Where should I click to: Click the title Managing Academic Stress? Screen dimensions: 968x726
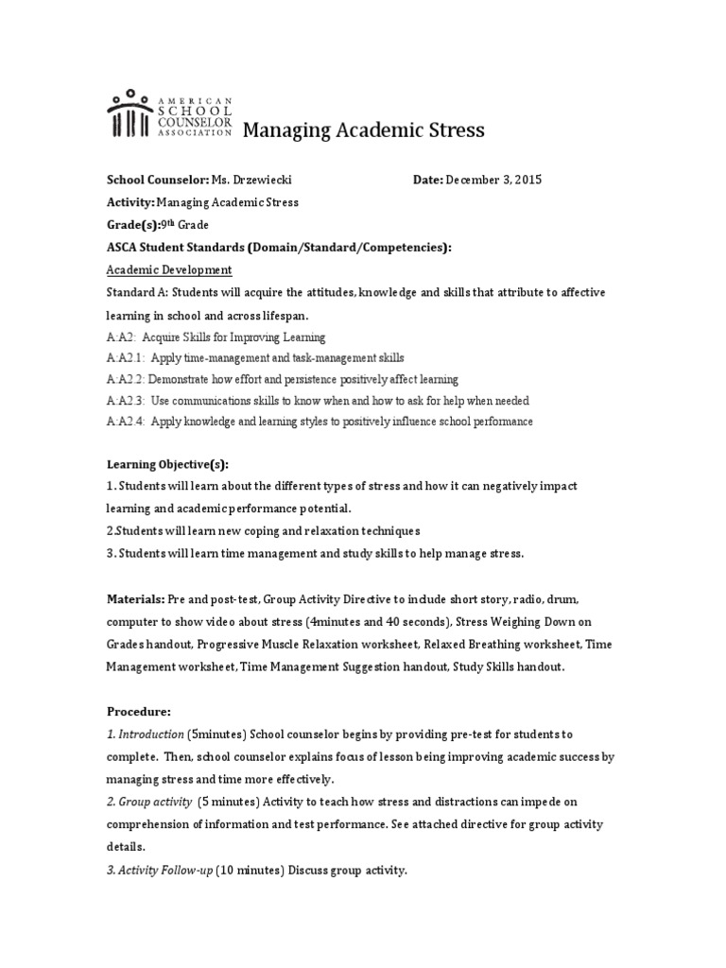click(x=364, y=130)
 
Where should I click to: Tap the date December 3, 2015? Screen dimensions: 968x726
click(x=494, y=180)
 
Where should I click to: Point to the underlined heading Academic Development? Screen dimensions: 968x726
click(x=168, y=269)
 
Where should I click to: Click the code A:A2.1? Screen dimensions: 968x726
click(x=126, y=358)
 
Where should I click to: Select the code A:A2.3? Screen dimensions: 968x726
click(x=126, y=400)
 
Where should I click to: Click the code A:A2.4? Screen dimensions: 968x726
click(x=126, y=421)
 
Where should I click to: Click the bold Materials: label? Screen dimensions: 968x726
click(x=135, y=599)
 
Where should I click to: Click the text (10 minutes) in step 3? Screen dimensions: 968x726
click(x=251, y=870)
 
